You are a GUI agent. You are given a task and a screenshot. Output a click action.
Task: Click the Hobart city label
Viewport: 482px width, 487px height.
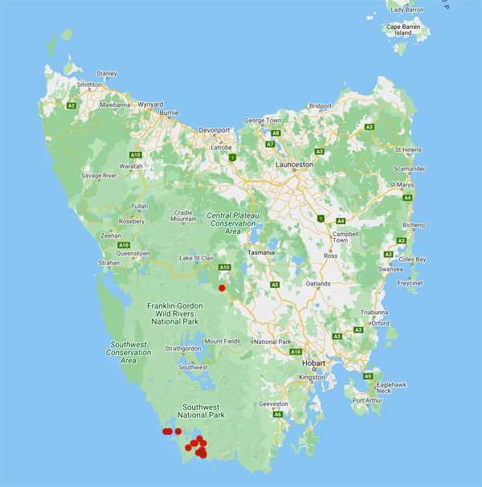coord(313,362)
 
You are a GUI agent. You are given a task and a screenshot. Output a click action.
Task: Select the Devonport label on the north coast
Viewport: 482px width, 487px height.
coord(214,129)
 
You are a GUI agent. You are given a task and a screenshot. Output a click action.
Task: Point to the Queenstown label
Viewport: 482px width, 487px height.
coord(133,253)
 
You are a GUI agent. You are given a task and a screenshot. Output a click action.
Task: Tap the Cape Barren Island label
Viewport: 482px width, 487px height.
coord(404,30)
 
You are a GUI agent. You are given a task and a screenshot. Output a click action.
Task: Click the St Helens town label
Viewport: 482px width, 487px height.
coord(410,149)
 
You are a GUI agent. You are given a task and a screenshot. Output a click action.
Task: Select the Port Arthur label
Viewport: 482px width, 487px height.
coord(369,399)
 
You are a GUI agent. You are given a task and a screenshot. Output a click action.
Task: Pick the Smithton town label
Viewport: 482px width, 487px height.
coord(89,84)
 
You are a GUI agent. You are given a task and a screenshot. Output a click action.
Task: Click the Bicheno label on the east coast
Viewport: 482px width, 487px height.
coord(413,225)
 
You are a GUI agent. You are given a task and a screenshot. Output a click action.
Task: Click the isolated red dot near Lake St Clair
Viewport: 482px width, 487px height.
coord(222,287)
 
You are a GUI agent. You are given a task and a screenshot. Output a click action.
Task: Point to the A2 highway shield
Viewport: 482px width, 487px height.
coord(71,105)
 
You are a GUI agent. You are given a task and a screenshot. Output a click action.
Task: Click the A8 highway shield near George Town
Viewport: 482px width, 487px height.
coord(276,133)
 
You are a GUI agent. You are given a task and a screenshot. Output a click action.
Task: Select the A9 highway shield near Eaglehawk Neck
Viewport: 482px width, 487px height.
coord(368,376)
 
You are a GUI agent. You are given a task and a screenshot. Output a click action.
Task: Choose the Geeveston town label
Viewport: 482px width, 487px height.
coord(274,404)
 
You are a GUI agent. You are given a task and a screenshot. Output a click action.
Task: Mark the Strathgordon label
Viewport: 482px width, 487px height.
coord(181,349)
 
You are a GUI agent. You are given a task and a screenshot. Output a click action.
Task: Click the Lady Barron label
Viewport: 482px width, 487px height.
coord(408,9)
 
